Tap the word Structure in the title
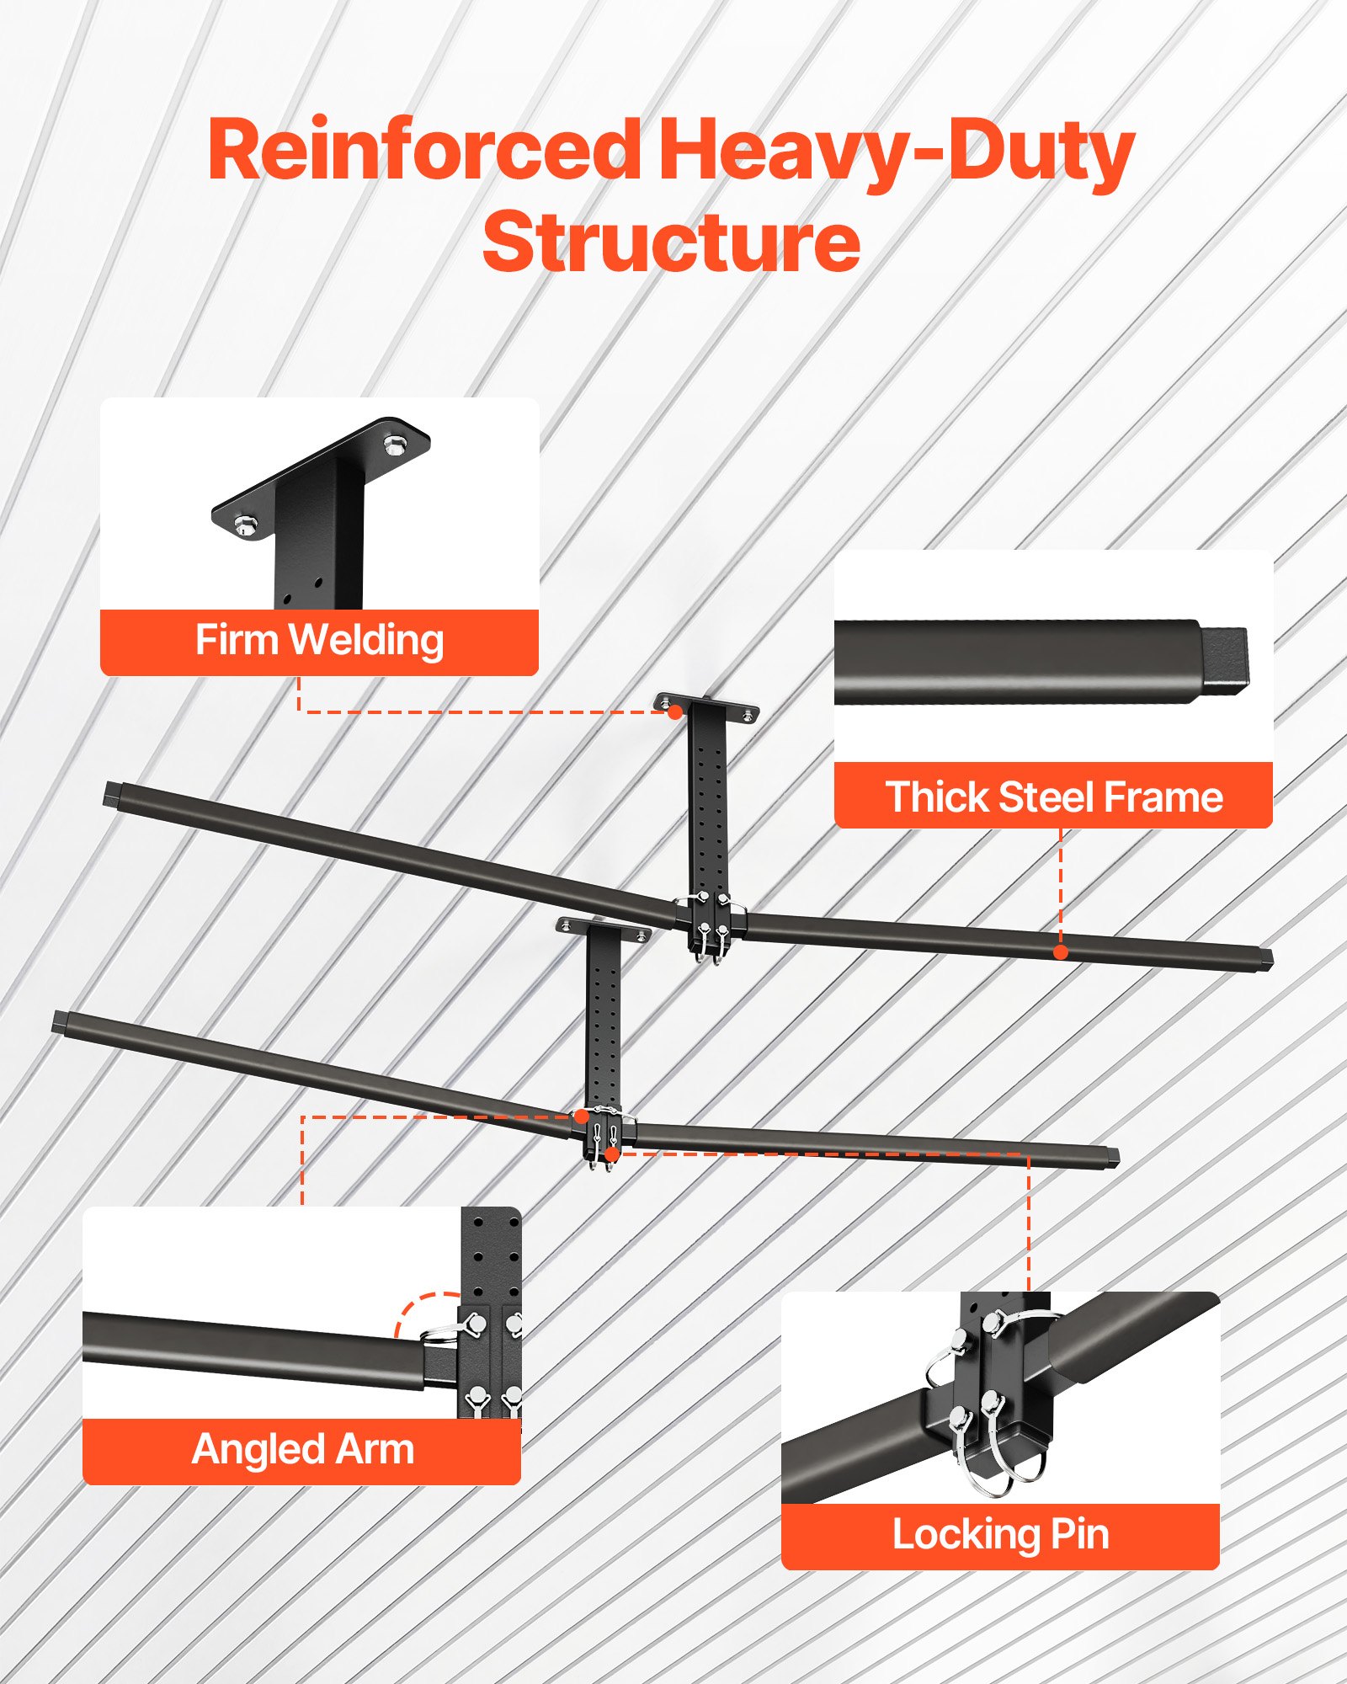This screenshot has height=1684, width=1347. [671, 242]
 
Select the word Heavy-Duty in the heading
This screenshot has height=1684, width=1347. [896, 152]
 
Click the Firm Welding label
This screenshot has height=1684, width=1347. [319, 641]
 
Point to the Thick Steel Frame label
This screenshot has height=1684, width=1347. [1053, 797]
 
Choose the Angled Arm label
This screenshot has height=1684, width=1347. [302, 1449]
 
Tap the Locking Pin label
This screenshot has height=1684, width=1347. [1000, 1534]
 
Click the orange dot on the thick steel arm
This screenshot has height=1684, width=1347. [1061, 952]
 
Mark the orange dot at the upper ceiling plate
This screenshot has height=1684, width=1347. [674, 712]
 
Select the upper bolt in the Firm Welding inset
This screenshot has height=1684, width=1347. [393, 444]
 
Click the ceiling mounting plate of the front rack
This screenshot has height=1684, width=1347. [604, 927]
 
